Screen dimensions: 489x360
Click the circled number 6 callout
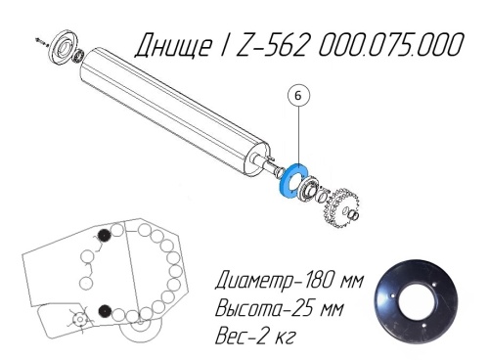(298, 96)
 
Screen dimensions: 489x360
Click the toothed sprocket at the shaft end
(340, 206)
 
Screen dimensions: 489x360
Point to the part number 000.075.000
(390, 44)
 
